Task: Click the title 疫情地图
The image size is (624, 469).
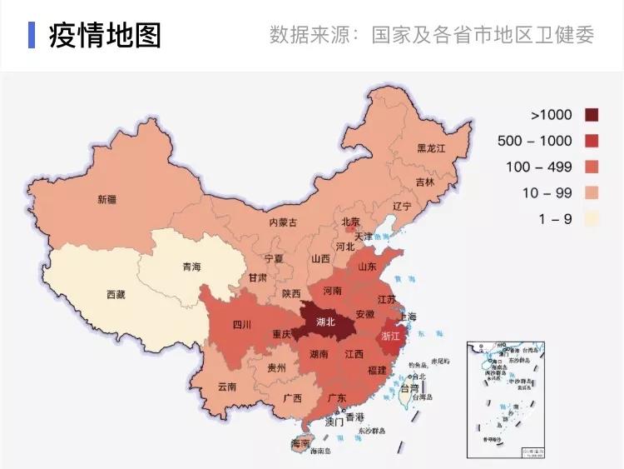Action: point(105,35)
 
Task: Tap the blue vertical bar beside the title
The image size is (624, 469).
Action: point(32,35)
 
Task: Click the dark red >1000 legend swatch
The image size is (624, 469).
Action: point(592,115)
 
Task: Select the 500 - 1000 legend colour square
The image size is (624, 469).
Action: point(592,141)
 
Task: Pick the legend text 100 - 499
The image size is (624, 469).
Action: point(539,167)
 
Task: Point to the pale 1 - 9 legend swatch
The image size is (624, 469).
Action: point(592,219)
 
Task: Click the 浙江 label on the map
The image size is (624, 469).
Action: point(390,337)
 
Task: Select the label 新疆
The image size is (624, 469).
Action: point(106,200)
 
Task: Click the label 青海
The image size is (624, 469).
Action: point(191,267)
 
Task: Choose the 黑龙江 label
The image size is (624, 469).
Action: point(432,148)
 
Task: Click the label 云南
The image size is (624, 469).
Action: point(226,387)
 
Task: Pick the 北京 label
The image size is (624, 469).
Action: point(350,222)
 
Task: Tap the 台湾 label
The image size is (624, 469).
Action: point(409,388)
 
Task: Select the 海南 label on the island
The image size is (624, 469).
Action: point(300,443)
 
